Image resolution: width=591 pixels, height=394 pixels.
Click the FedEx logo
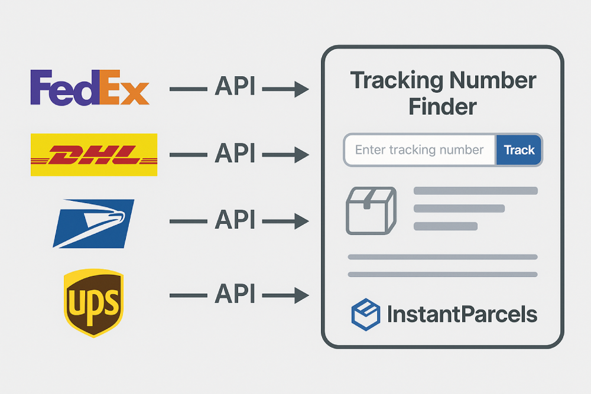pos(89,87)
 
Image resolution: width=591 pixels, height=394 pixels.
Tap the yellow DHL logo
pos(94,155)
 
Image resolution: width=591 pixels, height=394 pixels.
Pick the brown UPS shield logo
pos(93,302)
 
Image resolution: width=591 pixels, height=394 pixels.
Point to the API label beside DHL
pos(235,154)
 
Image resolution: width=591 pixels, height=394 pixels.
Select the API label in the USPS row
pos(235,221)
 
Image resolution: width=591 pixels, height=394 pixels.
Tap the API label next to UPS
pos(235,293)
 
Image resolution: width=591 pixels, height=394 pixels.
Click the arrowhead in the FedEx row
pos(301,90)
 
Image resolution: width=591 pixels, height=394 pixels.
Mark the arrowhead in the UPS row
pos(301,294)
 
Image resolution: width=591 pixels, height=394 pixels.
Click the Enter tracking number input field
pos(419,150)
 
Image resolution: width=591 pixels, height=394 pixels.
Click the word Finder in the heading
pos(443,107)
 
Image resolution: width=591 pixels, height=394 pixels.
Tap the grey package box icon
pos(371,210)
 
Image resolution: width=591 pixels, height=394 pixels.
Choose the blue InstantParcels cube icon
pos(365,314)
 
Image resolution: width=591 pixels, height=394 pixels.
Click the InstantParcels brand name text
pos(462,314)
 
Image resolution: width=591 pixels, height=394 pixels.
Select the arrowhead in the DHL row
pos(301,155)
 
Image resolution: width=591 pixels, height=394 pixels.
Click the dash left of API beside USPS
pos(188,222)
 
